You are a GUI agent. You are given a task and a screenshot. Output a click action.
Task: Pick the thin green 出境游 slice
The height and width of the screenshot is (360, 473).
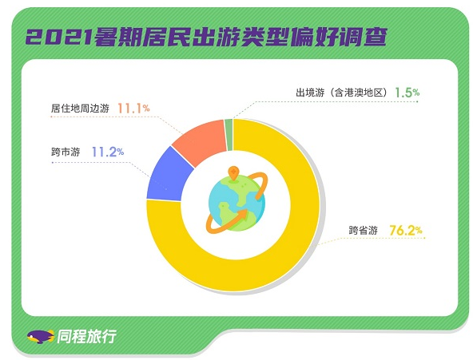[229, 135]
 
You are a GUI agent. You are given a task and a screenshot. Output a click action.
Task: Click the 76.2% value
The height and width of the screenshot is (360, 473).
[406, 231]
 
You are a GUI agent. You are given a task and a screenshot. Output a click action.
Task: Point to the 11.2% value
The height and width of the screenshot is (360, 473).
[108, 152]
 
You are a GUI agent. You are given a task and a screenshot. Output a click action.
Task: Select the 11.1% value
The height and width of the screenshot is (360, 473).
[133, 109]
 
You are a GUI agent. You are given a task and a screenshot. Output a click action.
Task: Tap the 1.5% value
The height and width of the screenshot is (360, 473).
[407, 93]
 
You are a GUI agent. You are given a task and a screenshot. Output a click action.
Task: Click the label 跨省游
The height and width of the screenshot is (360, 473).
[364, 231]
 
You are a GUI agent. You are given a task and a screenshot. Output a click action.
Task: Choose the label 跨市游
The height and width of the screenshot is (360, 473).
[66, 152]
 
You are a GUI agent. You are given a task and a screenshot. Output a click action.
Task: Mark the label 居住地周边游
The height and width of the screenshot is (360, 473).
[80, 109]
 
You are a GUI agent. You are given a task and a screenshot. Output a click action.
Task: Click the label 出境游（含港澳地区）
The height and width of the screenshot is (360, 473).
[341, 93]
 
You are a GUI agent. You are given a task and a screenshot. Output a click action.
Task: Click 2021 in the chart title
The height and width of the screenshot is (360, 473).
[59, 38]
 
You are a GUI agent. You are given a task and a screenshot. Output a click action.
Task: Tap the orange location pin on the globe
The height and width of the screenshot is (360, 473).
[233, 173]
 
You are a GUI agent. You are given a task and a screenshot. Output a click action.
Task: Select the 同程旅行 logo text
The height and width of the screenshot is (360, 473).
[87, 336]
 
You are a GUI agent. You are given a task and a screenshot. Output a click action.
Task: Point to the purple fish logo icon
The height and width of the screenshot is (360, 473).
[41, 337]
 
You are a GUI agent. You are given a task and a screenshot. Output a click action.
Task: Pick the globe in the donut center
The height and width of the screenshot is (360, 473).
[236, 204]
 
